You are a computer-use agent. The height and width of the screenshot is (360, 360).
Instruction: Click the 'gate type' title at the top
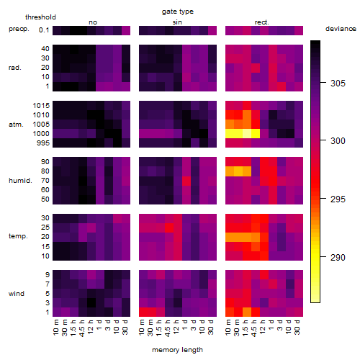(178, 12)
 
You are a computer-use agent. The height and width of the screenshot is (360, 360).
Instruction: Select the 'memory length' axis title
(177, 350)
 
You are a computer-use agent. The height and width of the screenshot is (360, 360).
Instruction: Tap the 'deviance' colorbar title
(341, 29)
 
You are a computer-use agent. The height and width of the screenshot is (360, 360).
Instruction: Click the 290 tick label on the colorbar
(338, 257)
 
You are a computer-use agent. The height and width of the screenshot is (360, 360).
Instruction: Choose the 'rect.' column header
(261, 22)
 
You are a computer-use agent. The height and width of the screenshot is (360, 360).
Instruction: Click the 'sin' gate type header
(177, 22)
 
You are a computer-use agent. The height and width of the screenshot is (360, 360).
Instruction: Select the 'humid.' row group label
(20, 181)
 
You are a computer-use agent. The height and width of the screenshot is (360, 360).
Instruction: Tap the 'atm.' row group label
(16, 125)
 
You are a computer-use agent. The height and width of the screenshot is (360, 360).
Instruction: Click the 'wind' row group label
(17, 294)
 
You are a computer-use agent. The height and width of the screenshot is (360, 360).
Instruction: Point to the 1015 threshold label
(41, 105)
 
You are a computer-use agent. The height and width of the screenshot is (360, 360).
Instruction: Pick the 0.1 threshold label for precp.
(44, 30)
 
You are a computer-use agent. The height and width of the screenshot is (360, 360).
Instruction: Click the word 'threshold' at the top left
(40, 17)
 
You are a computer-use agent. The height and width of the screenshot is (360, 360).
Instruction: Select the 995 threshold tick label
(43, 143)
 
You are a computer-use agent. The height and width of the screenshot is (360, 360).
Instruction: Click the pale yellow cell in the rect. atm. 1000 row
(247, 134)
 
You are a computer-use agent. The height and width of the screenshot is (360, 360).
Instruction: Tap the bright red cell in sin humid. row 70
(186, 181)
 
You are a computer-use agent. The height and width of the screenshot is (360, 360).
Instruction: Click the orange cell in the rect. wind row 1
(247, 312)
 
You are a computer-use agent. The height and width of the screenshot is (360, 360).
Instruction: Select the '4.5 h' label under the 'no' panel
(81, 328)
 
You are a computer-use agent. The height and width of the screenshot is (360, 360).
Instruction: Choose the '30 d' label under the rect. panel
(297, 328)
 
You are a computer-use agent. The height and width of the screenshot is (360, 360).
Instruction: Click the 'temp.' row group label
(18, 236)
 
